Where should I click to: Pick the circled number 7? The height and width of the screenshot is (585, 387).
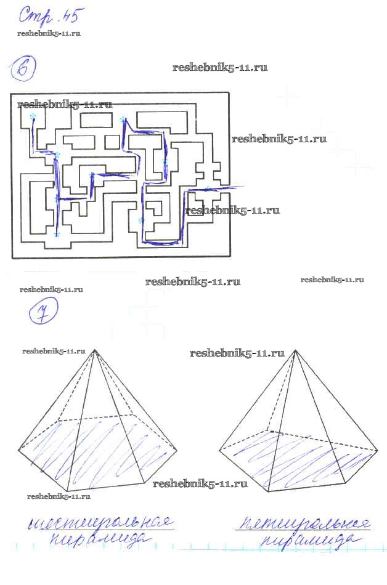43,315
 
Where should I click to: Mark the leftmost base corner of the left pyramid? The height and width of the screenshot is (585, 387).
18,451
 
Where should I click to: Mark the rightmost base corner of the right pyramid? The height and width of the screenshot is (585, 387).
377,451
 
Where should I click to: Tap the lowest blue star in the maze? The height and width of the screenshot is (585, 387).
57,235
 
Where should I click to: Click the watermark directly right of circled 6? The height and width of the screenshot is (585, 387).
220,68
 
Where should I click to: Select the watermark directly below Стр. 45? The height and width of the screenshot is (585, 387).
49,33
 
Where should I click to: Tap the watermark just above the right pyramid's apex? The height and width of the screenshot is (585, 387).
237,353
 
